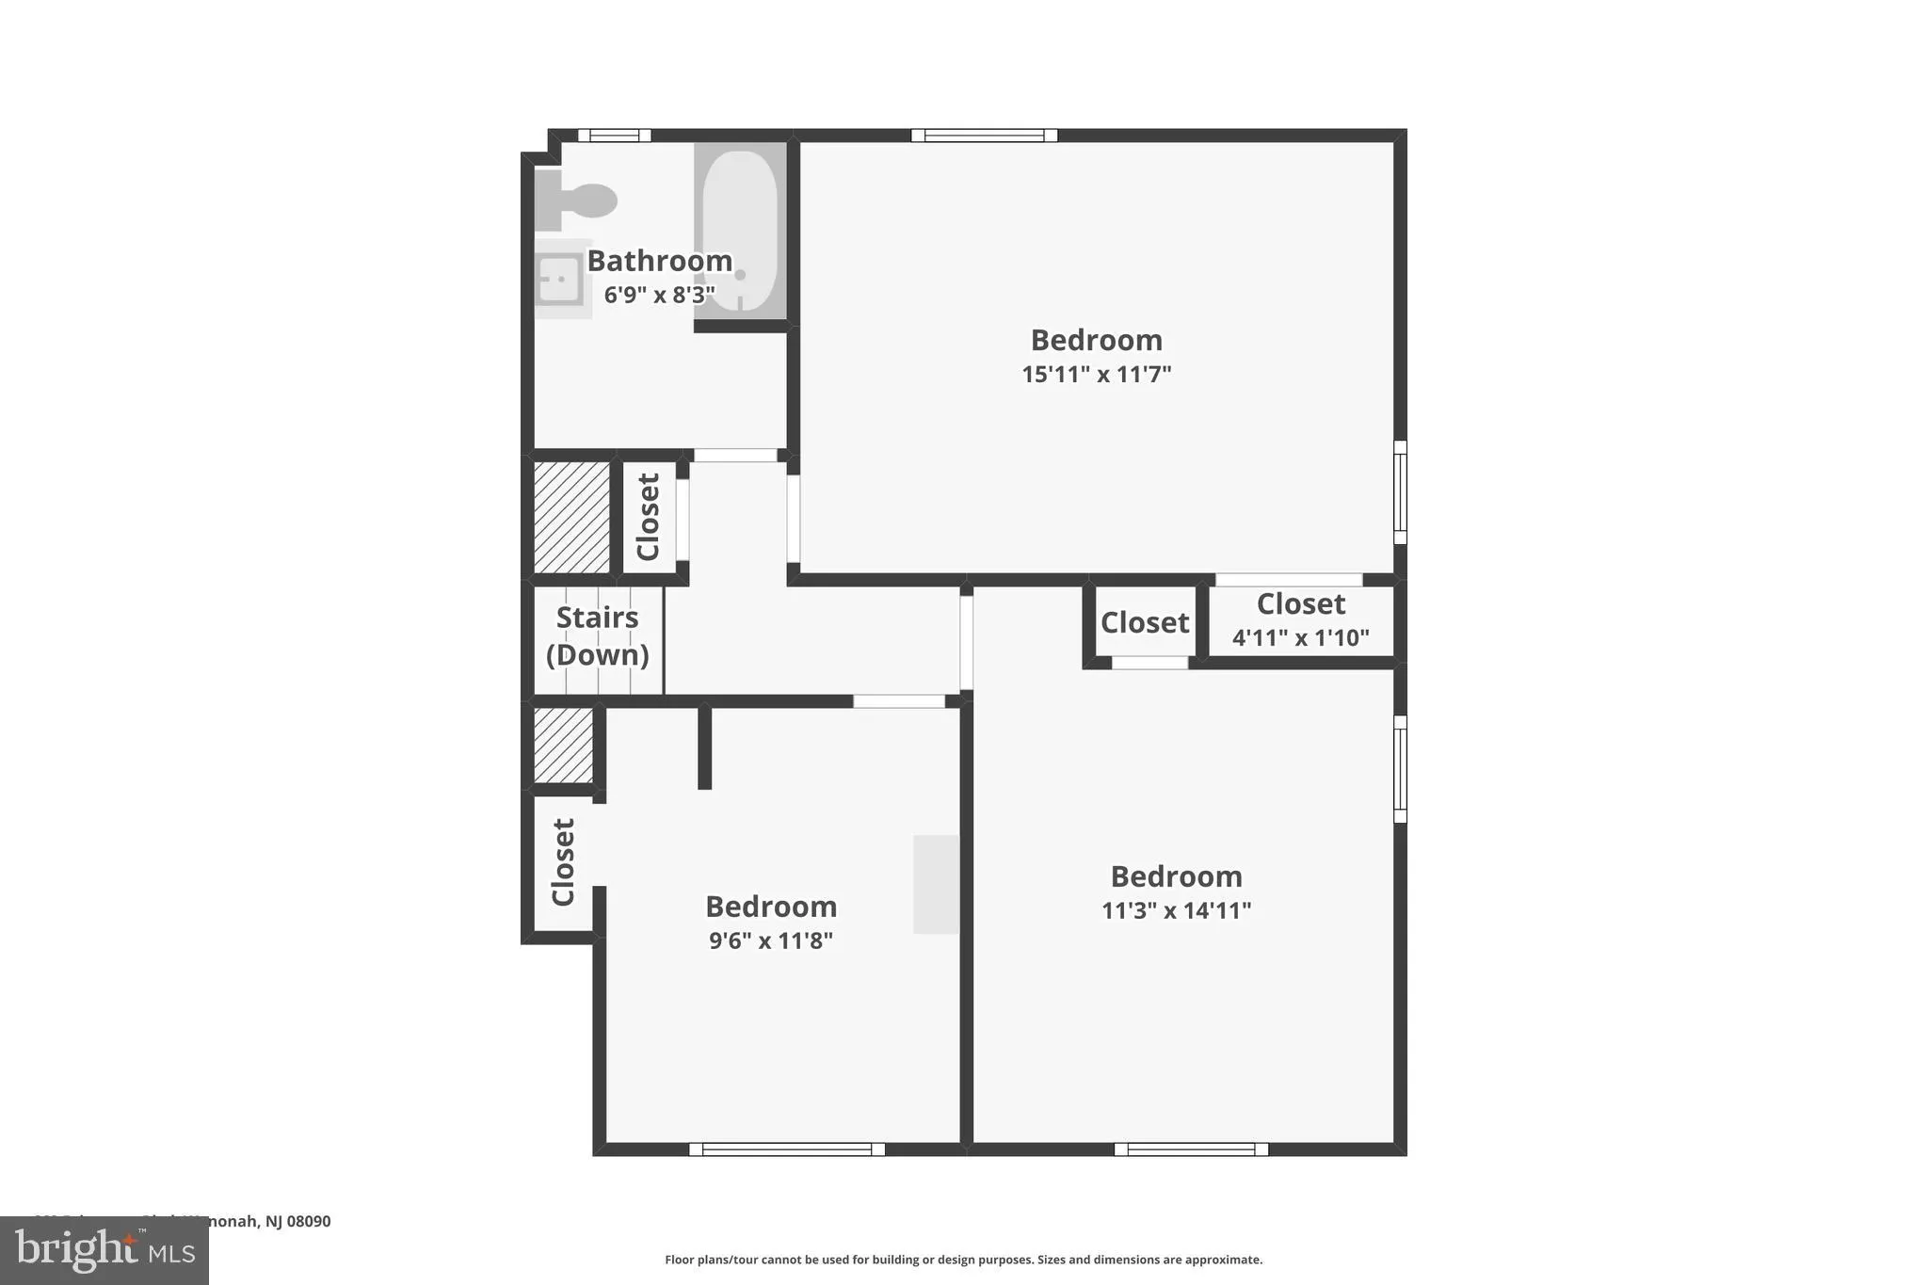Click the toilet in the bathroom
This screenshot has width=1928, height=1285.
[579, 201]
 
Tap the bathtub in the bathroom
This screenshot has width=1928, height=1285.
[740, 230]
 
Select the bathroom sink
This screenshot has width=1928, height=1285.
[559, 279]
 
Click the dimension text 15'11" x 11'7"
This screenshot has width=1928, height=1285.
[1096, 374]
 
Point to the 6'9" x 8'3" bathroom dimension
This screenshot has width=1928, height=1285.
[659, 295]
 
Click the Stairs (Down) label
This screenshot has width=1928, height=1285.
[597, 636]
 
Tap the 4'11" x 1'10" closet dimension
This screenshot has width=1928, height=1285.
[1300, 637]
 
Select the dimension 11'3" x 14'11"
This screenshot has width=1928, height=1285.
[1176, 910]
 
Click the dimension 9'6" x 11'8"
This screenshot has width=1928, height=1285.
[770, 940]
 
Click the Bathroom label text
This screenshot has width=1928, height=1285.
[659, 261]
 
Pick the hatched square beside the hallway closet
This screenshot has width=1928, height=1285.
[571, 517]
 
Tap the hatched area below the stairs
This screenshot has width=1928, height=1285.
[563, 745]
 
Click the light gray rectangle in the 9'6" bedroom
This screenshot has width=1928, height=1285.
[936, 884]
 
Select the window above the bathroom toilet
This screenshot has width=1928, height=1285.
[614, 136]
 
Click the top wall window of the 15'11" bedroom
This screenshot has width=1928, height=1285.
[984, 136]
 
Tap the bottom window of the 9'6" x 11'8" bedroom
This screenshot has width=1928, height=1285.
[787, 1148]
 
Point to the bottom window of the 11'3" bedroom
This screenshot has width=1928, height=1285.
[1191, 1148]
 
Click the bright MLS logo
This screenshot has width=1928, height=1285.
[104, 1250]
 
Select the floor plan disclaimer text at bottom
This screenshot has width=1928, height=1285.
[963, 1260]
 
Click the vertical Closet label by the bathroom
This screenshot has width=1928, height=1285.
[648, 517]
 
